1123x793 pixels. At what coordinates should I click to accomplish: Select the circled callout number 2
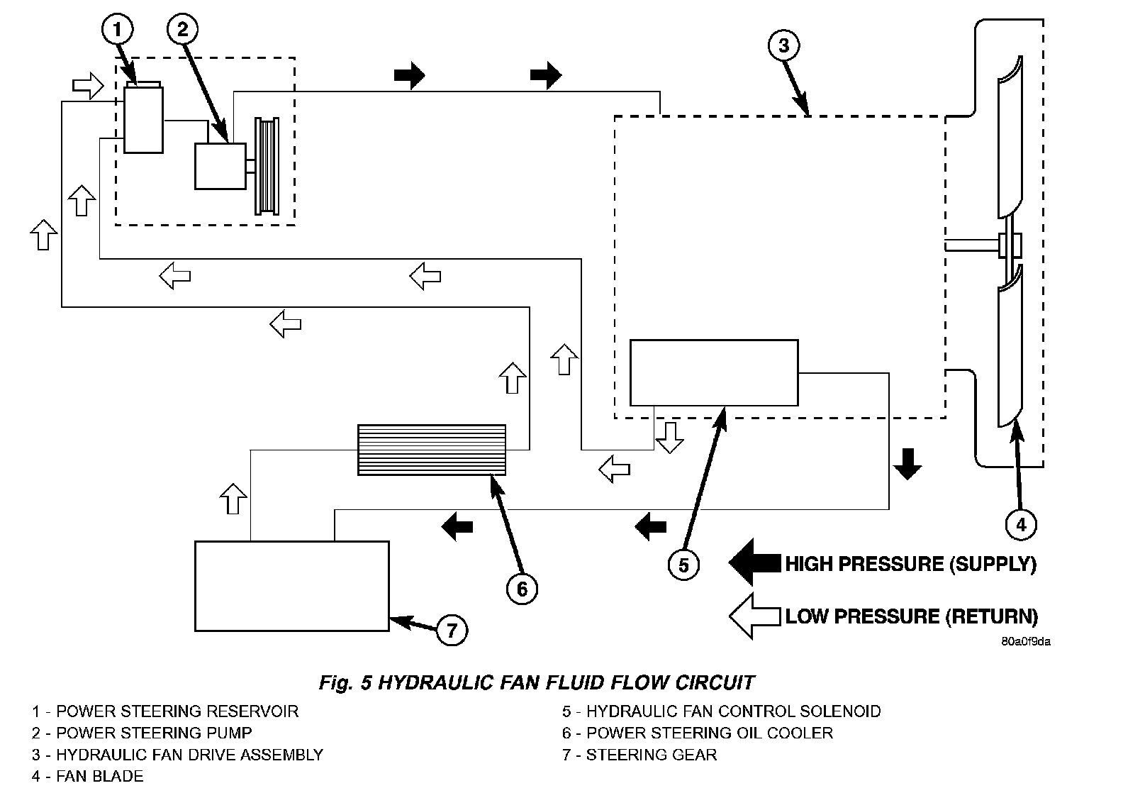tap(183, 29)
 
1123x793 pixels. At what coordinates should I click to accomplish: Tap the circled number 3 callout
tap(783, 45)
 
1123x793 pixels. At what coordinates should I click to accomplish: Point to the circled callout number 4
tap(1021, 525)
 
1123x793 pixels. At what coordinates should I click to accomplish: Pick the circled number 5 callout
tap(683, 565)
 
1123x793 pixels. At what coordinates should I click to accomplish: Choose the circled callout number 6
tap(522, 588)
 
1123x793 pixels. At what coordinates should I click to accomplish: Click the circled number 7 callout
tap(452, 629)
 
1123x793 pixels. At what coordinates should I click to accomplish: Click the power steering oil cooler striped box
tap(432, 449)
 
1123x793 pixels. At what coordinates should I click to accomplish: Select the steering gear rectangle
tap(292, 586)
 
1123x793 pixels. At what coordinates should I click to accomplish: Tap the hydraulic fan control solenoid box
tap(714, 373)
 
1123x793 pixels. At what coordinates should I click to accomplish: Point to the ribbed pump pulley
tap(267, 166)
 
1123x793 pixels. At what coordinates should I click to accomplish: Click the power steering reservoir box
tap(143, 119)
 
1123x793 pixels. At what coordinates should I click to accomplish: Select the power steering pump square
tap(220, 166)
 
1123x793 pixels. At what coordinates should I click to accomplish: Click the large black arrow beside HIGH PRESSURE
tap(754, 563)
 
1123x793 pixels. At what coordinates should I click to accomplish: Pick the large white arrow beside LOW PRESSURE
tap(754, 616)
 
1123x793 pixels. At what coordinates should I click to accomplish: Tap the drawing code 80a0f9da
tap(1026, 642)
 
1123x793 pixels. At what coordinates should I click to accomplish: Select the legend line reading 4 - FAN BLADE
tap(87, 776)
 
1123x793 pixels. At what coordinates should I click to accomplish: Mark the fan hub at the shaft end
tap(1009, 245)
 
